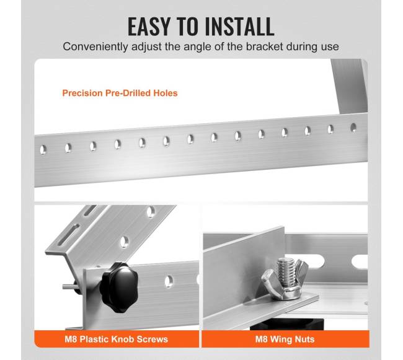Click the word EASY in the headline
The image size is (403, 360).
pyautogui.click(x=149, y=26)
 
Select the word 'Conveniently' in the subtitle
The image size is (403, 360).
pyautogui.click(x=95, y=47)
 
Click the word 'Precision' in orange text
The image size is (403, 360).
pyautogui.click(x=82, y=93)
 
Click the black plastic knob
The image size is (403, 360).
pyautogui.click(x=119, y=286)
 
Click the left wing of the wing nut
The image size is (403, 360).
pyautogui.click(x=269, y=281)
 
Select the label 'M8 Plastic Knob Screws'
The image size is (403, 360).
pyautogui.click(x=116, y=339)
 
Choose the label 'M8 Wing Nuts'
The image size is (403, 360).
pyautogui.click(x=285, y=339)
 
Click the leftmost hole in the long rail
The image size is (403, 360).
pyautogui.click(x=43, y=150)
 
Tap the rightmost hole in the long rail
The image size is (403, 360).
pyautogui.click(x=353, y=128)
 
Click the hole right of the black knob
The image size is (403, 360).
pyautogui.click(x=169, y=281)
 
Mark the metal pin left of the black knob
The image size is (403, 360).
pyautogui.click(x=69, y=286)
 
